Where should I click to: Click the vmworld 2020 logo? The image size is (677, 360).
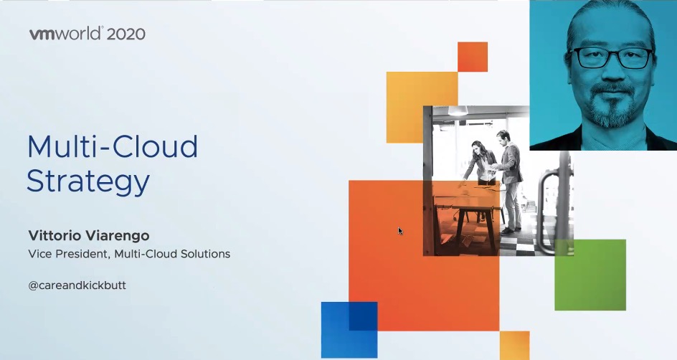click(x=87, y=34)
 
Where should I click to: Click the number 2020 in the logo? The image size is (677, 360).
click(x=126, y=34)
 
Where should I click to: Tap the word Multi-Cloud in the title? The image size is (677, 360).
click(x=113, y=146)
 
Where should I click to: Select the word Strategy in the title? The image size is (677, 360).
click(x=88, y=181)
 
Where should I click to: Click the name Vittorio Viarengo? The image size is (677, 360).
click(x=89, y=235)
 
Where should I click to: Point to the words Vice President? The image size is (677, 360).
click(x=69, y=254)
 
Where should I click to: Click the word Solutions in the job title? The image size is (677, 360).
click(x=205, y=254)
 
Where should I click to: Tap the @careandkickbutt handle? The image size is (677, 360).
click(x=77, y=285)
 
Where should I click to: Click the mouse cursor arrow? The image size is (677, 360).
click(x=400, y=231)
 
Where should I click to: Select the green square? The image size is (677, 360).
click(x=590, y=275)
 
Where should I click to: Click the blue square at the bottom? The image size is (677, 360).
click(x=349, y=330)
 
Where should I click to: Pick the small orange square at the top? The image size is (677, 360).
click(x=473, y=57)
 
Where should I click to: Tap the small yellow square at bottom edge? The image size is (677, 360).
click(x=515, y=346)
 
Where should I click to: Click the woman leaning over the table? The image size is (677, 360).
click(x=478, y=162)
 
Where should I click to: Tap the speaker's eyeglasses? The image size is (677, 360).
click(x=612, y=57)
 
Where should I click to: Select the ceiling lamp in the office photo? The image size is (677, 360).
click(x=458, y=110)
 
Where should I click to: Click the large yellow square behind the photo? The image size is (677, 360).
click(x=422, y=108)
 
